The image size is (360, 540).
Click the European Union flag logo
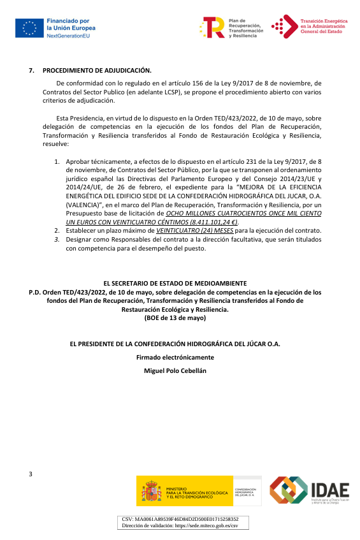(29, 28)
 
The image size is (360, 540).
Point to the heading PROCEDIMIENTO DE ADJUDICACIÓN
(97, 70)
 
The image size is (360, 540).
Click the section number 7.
(31, 70)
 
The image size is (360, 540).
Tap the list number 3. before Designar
(57, 239)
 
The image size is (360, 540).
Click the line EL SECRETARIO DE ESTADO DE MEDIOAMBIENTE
(175, 283)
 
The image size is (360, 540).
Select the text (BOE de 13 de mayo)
(175, 317)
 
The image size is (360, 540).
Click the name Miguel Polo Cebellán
(175, 371)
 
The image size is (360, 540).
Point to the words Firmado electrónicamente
(175, 357)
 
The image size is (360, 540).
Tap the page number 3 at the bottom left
(31, 474)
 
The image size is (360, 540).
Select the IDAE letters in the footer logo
(329, 490)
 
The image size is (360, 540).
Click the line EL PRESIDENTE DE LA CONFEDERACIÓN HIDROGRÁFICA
(175, 344)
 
